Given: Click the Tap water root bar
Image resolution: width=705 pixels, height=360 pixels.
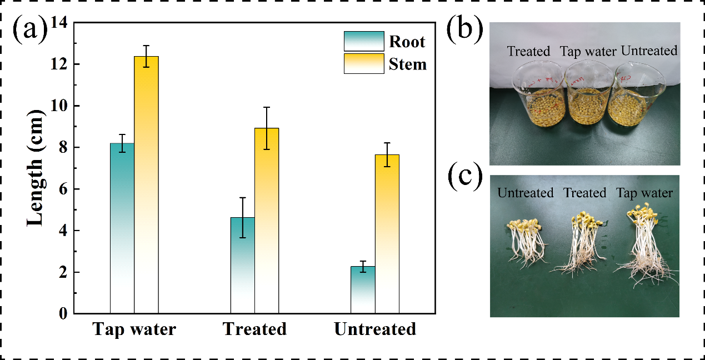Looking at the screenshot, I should pos(122,228).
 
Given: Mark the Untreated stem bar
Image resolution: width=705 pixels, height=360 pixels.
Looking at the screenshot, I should pos(387,234).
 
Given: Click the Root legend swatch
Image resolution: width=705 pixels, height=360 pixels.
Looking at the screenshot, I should pos(364,41).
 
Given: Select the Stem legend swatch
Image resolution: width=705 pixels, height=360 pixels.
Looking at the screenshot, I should pos(364,63).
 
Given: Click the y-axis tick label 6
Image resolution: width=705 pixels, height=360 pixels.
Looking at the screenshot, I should pos(62,189).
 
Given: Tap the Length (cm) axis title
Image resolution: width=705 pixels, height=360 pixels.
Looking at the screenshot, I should pos(34,168).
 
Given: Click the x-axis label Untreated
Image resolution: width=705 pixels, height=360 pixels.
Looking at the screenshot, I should pos(375,329).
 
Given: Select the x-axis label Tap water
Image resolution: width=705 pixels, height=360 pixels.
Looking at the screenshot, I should pos(134,329).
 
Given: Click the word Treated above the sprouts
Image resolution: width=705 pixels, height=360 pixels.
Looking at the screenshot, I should pos(584,193).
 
